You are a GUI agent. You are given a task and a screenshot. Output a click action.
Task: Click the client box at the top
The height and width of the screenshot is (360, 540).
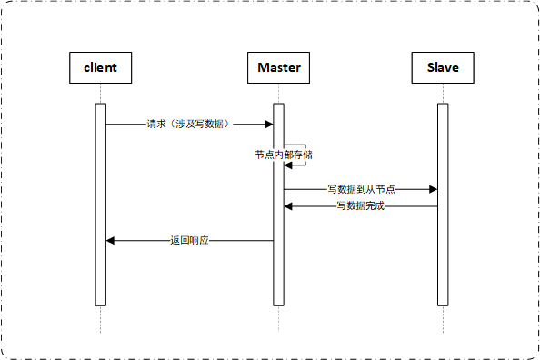tap(101, 67)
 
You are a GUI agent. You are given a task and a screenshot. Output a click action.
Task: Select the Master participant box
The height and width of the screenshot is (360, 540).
tap(279, 67)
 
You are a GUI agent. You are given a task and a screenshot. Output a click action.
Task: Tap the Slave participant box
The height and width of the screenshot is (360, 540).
tap(443, 67)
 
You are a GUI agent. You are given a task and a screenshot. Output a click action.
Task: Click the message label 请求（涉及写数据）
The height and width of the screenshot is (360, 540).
tap(190, 124)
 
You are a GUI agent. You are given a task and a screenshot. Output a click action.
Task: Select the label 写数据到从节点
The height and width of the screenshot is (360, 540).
tap(361, 189)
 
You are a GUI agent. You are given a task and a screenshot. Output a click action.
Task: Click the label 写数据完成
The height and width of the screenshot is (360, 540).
tap(360, 206)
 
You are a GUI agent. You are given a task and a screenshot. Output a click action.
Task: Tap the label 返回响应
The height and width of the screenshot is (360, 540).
tap(190, 241)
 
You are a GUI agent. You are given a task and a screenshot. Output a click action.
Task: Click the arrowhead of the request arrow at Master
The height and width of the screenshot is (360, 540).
tap(269, 124)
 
